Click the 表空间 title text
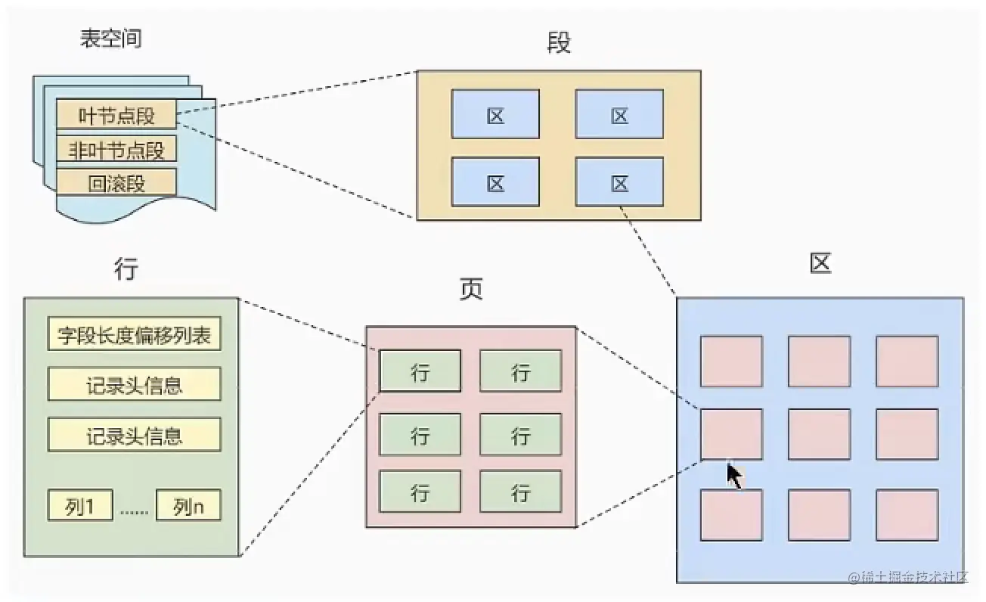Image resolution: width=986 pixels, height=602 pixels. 110,39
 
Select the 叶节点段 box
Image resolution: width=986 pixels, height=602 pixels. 116,116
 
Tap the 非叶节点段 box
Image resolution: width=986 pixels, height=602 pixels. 116,150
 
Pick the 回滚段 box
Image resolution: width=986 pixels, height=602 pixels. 116,183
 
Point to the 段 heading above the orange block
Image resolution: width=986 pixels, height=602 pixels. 558,43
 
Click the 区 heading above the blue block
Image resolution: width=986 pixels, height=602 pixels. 820,264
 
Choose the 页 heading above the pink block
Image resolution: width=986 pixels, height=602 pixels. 470,290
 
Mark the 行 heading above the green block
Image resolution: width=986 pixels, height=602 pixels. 126,268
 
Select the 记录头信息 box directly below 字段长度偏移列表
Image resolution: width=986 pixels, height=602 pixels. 135,385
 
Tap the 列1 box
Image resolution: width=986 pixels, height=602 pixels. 80,507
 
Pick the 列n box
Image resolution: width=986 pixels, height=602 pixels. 188,507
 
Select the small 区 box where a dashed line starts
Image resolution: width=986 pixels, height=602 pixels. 619,182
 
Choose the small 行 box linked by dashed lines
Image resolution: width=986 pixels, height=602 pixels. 420,371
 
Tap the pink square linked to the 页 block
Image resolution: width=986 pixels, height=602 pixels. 730,434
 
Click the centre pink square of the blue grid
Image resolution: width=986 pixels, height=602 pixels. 819,434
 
